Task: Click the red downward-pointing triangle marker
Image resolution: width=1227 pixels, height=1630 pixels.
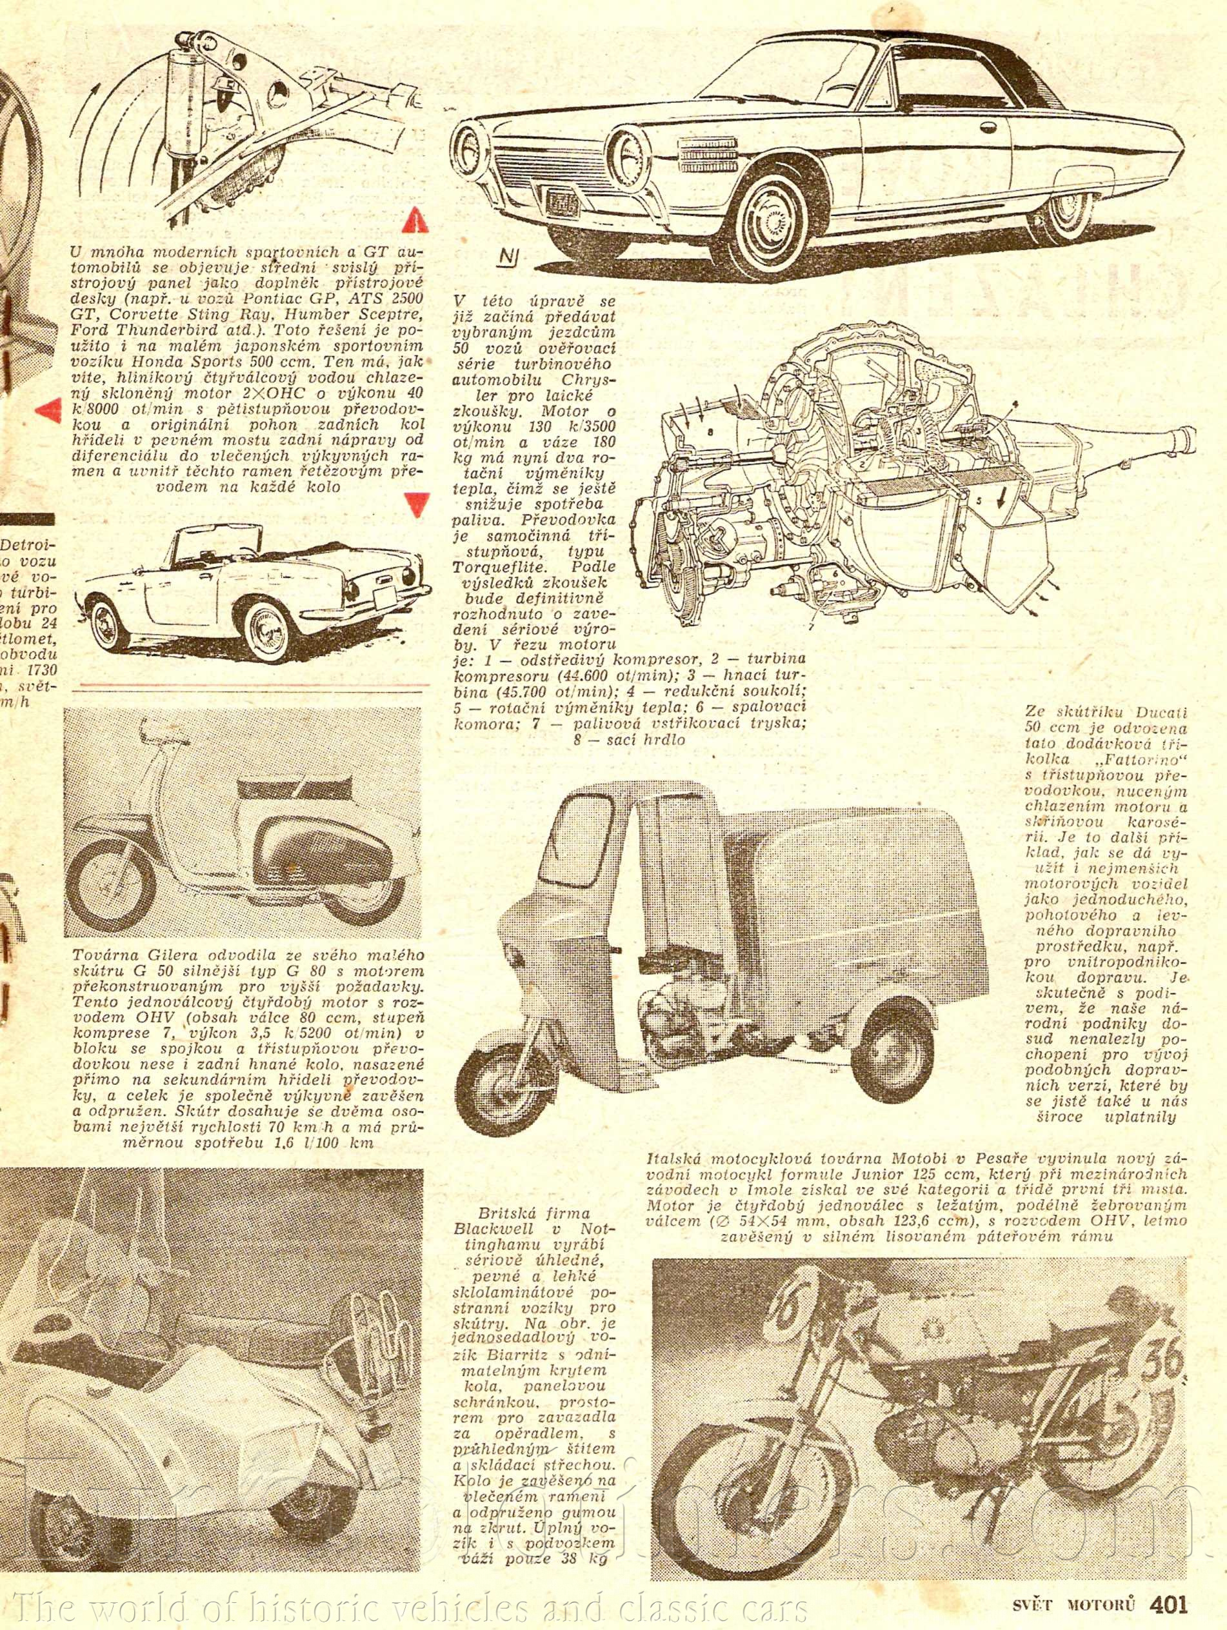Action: point(417,503)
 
